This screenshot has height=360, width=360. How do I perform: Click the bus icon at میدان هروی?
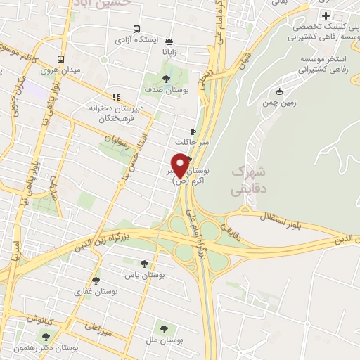(x=62, y=60)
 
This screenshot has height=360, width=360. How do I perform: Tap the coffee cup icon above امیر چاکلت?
(x=193, y=131)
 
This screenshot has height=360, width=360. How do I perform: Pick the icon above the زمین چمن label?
(x=279, y=92)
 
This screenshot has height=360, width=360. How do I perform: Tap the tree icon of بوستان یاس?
(x=144, y=264)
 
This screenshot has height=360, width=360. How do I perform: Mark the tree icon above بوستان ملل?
(x=164, y=328)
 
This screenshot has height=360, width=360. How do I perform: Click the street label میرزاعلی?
(x=100, y=326)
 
